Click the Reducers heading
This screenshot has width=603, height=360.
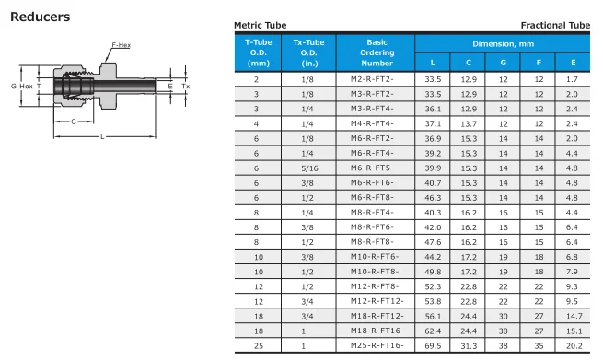click(40, 17)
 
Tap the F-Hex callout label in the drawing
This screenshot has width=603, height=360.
click(122, 45)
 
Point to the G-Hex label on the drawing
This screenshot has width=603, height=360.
click(22, 87)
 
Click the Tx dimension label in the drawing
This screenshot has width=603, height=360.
click(186, 87)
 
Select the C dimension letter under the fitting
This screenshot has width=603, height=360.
click(74, 122)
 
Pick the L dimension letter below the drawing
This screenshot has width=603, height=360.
click(102, 136)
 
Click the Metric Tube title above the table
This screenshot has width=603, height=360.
click(261, 26)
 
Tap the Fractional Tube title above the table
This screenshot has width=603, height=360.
click(555, 26)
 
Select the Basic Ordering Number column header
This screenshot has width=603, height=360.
click(377, 52)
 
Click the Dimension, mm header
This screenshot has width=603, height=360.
click(503, 44)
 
